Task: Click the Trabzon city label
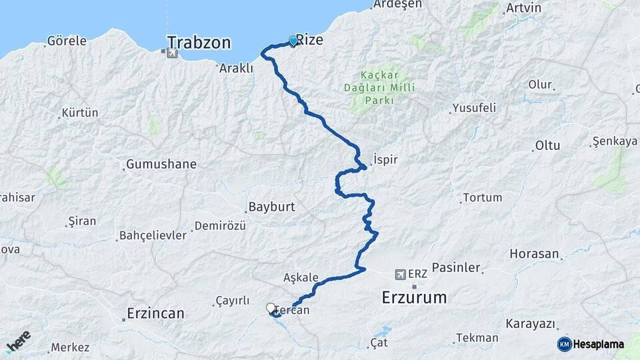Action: click(199, 43)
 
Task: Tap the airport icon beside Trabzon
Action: click(173, 53)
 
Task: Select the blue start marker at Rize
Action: click(293, 41)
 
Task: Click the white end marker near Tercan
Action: click(271, 308)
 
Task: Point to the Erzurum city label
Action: click(414, 297)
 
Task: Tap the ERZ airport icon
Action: click(400, 274)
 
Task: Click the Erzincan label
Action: click(155, 313)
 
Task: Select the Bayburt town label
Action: click(271, 207)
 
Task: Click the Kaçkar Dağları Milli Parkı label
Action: click(388, 87)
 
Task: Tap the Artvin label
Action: click(523, 8)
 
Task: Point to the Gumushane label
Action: click(161, 164)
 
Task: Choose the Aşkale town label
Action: click(301, 277)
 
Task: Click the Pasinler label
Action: click(456, 267)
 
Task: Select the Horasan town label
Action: click(534, 253)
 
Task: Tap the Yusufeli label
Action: click(474, 107)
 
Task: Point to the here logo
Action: click(18, 341)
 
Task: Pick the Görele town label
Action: click(67, 41)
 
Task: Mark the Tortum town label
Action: click(482, 197)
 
